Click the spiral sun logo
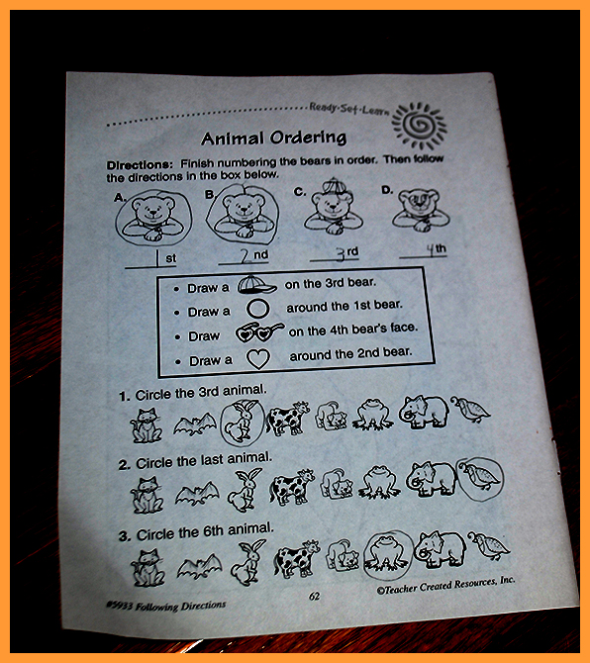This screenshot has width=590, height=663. [x=419, y=126]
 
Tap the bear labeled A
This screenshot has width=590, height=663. [x=153, y=217]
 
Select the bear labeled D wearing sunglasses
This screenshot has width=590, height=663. [x=421, y=210]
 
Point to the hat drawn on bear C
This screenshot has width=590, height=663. [x=335, y=186]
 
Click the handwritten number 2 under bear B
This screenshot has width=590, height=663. [x=246, y=256]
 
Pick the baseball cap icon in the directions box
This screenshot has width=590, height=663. [x=256, y=285]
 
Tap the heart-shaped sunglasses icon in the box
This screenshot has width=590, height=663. [x=259, y=333]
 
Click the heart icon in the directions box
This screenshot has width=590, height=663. [x=258, y=359]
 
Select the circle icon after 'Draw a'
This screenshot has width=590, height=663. [x=257, y=309]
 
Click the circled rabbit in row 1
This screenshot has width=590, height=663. [x=243, y=422]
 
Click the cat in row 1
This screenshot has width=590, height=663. [x=146, y=425]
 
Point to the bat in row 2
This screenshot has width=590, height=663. [x=198, y=494]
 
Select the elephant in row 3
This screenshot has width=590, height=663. [x=440, y=548]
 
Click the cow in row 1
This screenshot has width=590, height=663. [x=288, y=418]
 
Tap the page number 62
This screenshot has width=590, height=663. [x=314, y=596]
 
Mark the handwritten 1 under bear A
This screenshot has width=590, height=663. [x=157, y=258]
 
